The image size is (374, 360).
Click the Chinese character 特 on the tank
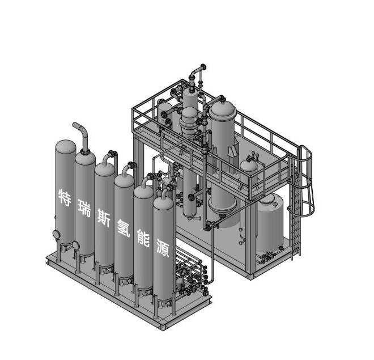pyautogui.click(x=65, y=198)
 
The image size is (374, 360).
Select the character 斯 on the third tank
pyautogui.click(x=104, y=218)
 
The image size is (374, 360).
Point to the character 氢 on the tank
pyautogui.click(x=124, y=228)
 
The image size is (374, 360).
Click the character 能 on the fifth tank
pyautogui.click(x=143, y=238)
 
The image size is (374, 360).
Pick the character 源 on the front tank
pyautogui.click(x=163, y=248)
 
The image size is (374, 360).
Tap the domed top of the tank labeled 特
pyautogui.click(x=66, y=146)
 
